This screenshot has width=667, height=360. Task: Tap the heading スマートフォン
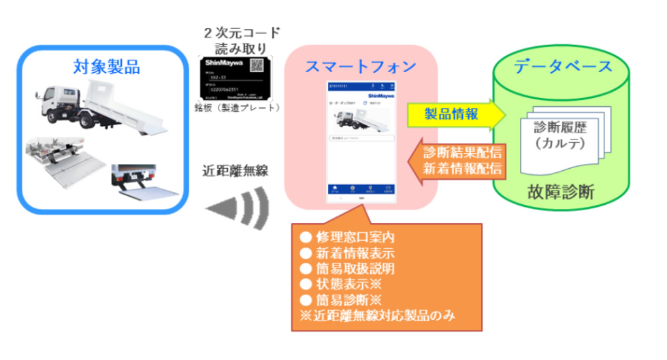[361, 67]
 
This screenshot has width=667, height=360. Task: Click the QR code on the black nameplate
[257, 67]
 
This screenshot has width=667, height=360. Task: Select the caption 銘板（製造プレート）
[238, 108]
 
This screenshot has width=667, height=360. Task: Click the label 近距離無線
[237, 171]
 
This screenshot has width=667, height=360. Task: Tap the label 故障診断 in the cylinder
[560, 193]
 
